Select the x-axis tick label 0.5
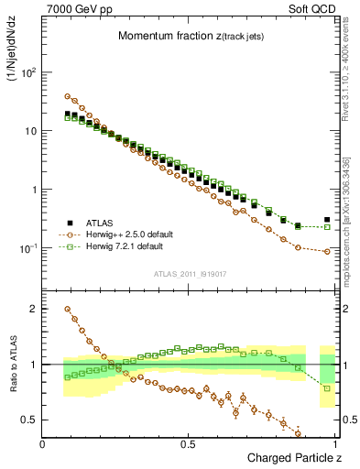[x=190, y=443]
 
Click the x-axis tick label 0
[x=44, y=443]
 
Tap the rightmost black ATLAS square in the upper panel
[x=327, y=220]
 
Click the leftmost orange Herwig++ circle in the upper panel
[x=68, y=96]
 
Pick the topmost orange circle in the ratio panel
[x=68, y=309]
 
